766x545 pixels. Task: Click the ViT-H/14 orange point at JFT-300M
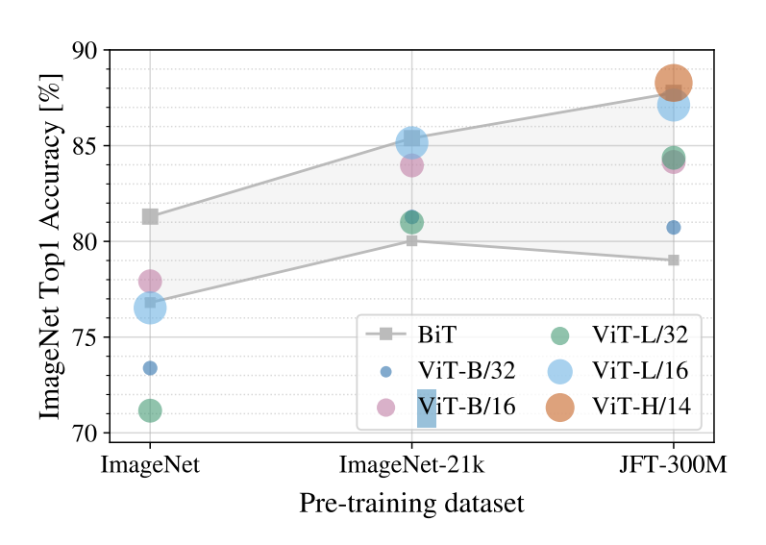point(674,84)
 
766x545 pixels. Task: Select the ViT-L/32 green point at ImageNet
point(150,410)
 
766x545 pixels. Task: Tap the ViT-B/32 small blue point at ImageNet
point(150,368)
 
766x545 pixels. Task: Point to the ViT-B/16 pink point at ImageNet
point(150,281)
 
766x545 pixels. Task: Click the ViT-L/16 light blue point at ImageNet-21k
point(411,143)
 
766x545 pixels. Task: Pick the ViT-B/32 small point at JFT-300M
point(674,227)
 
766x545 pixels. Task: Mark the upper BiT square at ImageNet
point(150,216)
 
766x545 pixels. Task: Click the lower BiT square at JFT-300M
point(674,260)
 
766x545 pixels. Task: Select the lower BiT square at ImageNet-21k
point(411,240)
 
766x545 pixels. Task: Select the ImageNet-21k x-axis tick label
point(411,466)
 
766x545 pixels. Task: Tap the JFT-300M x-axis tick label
point(673,466)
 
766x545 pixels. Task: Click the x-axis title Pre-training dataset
point(411,504)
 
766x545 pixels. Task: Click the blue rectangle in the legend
point(427,409)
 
